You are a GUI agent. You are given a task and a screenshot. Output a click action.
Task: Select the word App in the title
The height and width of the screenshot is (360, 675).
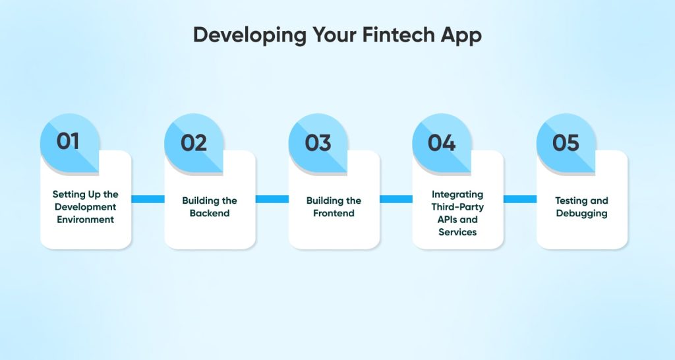pos(461,36)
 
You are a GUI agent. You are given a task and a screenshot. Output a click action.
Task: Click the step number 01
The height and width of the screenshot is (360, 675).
pos(68,142)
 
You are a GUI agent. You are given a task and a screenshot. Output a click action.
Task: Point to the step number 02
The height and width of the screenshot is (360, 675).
pos(193,142)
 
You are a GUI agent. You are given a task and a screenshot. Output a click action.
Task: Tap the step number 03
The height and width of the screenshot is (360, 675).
pos(318,142)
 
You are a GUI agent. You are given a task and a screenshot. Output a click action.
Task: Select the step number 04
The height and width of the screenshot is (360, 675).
pos(442,142)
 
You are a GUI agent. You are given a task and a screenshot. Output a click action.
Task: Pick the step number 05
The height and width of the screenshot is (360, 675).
pos(566,142)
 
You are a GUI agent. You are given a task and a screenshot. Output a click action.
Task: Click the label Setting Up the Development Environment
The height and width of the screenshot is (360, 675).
pos(86,207)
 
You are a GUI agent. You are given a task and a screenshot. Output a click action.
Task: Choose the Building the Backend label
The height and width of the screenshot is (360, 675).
pos(210,207)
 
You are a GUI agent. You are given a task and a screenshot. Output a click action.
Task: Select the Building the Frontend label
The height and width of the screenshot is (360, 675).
pos(334,207)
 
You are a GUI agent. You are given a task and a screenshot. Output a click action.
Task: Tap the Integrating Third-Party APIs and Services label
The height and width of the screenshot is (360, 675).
pos(457,213)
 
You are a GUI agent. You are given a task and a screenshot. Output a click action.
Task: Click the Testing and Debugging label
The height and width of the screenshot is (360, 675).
pos(581,207)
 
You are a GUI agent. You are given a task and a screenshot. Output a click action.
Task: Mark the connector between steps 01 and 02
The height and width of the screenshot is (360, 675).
pos(148,199)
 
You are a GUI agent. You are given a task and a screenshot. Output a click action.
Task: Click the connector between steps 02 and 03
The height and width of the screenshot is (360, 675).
pos(272,199)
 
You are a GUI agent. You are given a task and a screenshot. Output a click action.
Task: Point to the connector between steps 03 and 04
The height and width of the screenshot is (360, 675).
pos(396,199)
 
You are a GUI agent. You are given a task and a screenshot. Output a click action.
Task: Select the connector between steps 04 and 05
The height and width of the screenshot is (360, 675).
pos(520,199)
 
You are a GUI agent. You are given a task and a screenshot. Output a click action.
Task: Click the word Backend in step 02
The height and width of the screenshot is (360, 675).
pos(210,214)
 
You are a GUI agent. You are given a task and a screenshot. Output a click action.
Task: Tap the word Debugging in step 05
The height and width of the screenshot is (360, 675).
pos(581,214)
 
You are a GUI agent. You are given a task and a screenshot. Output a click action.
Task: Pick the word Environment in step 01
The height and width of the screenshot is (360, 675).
pos(86,220)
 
